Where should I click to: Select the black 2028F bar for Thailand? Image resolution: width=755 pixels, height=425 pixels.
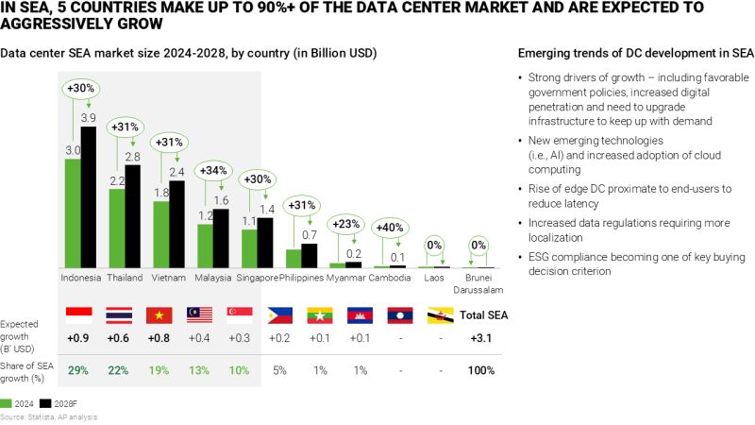(133, 217)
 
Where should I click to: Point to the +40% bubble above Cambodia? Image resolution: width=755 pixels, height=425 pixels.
(390, 228)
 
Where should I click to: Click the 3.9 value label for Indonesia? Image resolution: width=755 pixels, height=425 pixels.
(88, 117)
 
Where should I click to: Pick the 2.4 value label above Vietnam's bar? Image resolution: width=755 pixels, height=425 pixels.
(177, 172)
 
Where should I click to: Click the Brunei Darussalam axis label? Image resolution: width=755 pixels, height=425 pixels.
(478, 284)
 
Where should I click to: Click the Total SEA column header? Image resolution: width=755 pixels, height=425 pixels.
(480, 314)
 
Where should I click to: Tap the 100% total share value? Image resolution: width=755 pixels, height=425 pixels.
(480, 370)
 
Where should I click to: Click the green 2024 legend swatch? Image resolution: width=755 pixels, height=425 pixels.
(8, 401)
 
